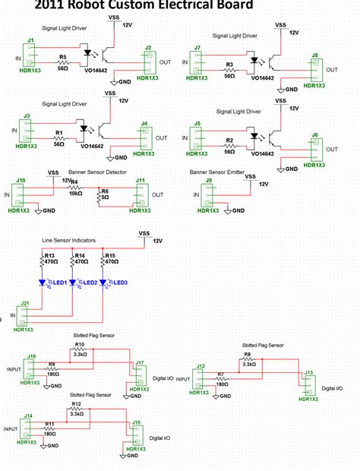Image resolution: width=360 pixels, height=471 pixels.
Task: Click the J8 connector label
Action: click(x=314, y=55)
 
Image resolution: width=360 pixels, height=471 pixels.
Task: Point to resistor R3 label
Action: click(x=229, y=66)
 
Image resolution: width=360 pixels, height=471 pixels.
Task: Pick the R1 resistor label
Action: click(x=58, y=133)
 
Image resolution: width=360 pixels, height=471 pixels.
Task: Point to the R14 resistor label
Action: click(x=78, y=255)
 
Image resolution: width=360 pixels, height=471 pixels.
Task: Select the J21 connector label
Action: click(x=25, y=303)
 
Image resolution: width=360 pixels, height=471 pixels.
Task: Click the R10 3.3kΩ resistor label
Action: click(x=79, y=345)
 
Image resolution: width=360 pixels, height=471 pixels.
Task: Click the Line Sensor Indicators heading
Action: click(x=68, y=240)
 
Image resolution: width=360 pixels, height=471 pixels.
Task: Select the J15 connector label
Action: click(x=136, y=423)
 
